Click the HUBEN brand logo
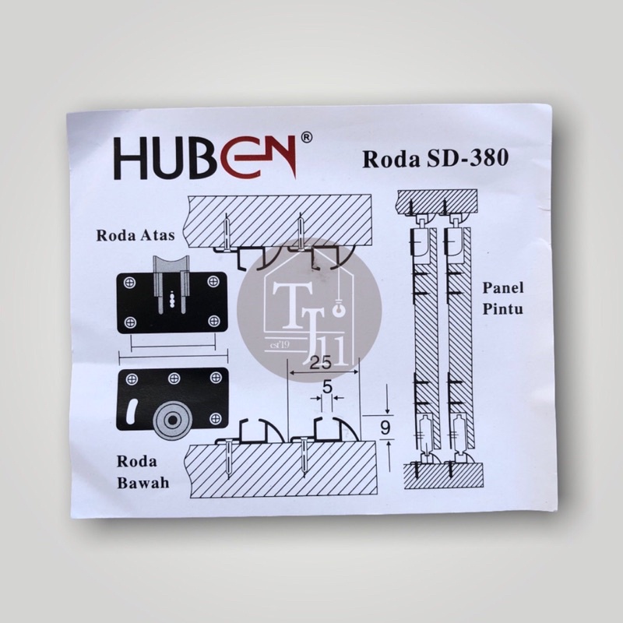coord(206,158)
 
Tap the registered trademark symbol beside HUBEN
coord(307,138)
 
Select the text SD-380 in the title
coord(467,159)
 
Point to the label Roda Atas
coord(136,235)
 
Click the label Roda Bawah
coord(143,472)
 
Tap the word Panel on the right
coord(503,287)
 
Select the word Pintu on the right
coord(502,309)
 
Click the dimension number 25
coord(320,363)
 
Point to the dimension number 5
coord(327,387)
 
